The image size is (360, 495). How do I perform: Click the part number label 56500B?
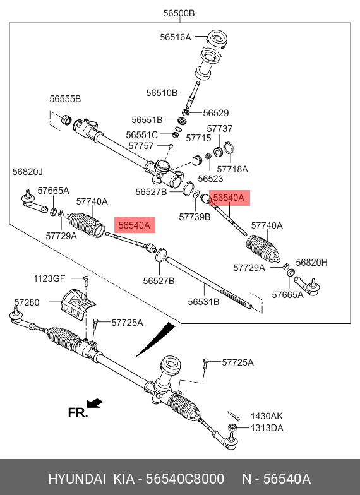point(179,13)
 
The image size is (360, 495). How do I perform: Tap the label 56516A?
point(176,37)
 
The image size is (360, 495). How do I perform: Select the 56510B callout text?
point(162,93)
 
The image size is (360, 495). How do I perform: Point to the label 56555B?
point(65,98)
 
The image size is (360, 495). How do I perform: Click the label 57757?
point(141,146)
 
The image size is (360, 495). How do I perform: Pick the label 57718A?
point(232,169)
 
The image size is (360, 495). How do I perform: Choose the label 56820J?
point(28,172)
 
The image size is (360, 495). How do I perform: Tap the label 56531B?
point(203,302)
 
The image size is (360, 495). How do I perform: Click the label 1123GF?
point(49,278)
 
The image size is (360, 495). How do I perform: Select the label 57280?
point(27,302)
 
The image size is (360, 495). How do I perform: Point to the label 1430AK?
point(267,416)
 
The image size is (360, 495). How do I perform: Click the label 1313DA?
point(267,428)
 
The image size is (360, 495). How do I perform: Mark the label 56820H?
point(312,263)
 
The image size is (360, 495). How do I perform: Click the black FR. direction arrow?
point(95,403)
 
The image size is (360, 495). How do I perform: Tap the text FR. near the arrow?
point(78,413)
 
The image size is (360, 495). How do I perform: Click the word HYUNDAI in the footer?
point(77,479)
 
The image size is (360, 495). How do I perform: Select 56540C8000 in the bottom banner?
point(184,479)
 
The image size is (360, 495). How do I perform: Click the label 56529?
point(216,113)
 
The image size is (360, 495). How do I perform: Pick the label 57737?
point(220,129)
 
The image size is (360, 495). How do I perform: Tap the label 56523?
point(210,179)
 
